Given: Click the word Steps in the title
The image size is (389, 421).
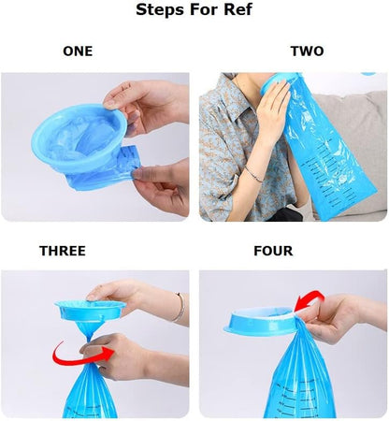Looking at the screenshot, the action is [160, 9].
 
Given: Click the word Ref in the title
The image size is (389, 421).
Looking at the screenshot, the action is [238, 9].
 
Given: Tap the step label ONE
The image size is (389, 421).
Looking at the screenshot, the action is [78, 51].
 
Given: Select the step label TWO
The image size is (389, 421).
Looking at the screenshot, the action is [308, 51].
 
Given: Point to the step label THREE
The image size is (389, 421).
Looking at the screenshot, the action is [63, 251].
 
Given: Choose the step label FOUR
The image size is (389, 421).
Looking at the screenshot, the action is [273, 251].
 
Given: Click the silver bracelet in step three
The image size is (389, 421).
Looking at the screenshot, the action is [180, 307].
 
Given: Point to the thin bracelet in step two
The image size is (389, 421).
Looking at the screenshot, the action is [253, 175].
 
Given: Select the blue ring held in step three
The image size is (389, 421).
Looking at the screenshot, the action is [91, 311].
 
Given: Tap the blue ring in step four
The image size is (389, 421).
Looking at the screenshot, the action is [260, 321].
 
